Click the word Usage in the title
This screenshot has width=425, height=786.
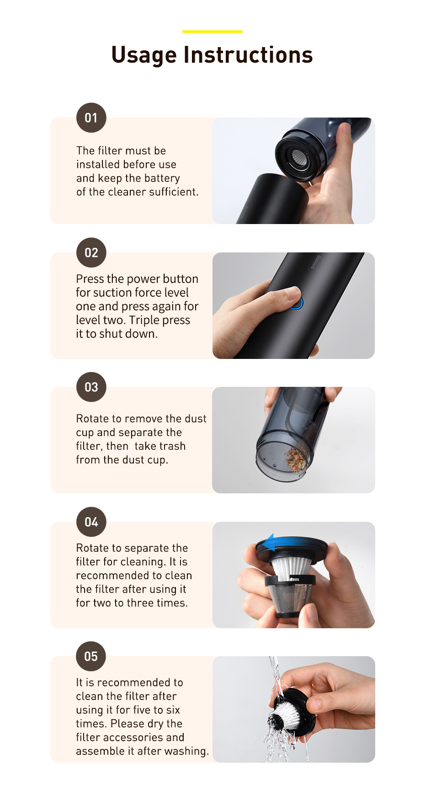(x=144, y=55)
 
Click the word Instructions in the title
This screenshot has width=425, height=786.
(x=248, y=54)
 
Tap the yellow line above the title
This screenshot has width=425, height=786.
(x=212, y=32)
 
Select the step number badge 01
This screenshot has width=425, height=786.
(x=91, y=118)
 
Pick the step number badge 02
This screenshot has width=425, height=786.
(x=91, y=252)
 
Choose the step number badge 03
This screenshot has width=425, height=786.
(x=91, y=387)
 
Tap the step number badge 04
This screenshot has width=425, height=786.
(x=91, y=522)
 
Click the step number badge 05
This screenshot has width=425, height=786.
(x=91, y=656)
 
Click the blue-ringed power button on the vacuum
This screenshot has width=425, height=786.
(x=297, y=302)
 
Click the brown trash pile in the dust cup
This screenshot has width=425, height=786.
(x=294, y=459)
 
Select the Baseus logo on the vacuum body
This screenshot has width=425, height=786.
(x=316, y=262)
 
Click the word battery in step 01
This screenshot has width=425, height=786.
(x=162, y=178)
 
